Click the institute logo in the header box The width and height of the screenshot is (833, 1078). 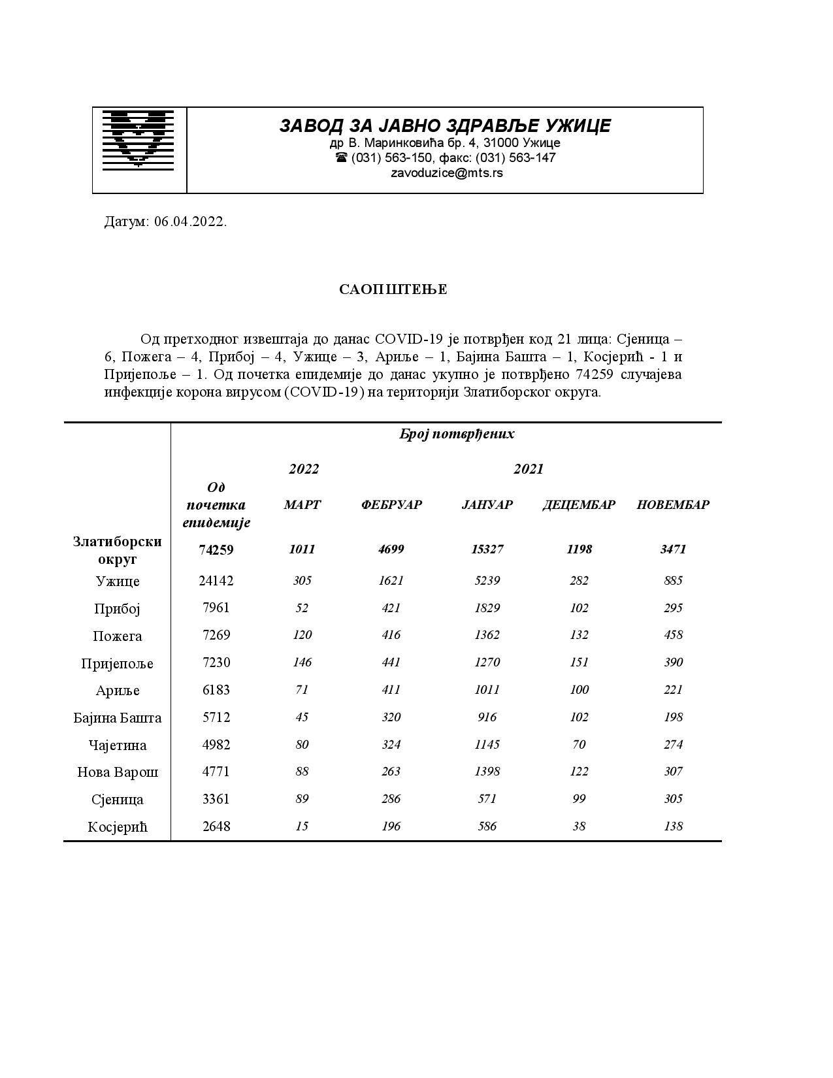[139, 139]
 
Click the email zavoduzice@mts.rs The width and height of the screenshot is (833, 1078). [447, 173]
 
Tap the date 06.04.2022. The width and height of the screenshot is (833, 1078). [190, 221]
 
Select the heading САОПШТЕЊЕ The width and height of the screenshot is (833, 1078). [393, 289]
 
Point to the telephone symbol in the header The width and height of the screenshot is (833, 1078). [341, 157]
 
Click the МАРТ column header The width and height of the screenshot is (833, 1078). [302, 504]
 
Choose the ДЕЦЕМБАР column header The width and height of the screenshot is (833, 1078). [579, 504]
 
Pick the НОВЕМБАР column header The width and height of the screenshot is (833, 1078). [673, 504]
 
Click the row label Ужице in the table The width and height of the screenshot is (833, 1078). [118, 581]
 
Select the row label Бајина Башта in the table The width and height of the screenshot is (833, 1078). [118, 718]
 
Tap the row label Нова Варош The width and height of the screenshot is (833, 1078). [118, 772]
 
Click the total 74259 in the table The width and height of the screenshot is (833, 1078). [216, 550]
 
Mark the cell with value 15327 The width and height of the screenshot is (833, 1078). [487, 549]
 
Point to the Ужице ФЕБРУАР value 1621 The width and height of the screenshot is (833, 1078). [391, 581]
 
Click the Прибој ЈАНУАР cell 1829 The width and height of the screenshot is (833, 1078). [487, 608]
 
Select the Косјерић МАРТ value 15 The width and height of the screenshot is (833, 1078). [302, 826]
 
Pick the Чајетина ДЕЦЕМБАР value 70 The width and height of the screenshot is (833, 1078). [579, 745]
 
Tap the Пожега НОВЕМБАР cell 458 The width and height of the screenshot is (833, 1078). [673, 635]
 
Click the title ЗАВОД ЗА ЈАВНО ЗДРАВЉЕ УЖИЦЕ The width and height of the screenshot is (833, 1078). [445, 125]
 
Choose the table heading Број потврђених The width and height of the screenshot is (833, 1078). [457, 434]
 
